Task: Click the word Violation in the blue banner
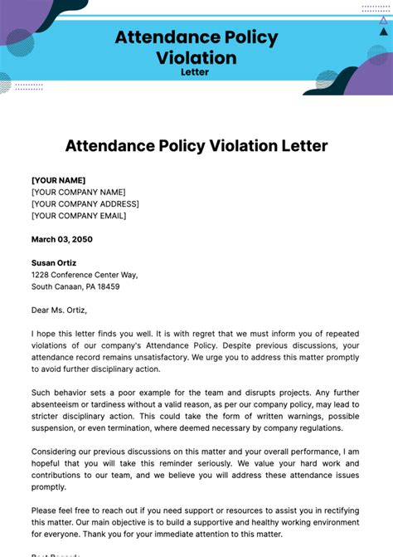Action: [196, 57]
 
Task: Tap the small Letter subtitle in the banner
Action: [196, 72]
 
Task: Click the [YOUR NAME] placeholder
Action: [58, 180]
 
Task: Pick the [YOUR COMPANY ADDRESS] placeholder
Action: [85, 204]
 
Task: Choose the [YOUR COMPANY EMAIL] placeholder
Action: [79, 216]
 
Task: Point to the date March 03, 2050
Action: [62, 239]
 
